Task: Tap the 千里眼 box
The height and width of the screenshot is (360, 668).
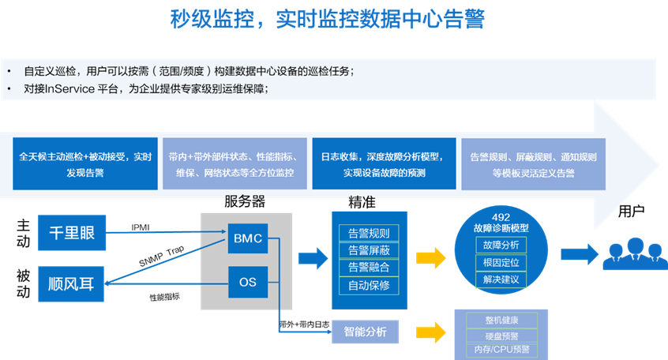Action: click(x=71, y=232)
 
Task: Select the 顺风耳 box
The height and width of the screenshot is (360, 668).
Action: click(x=71, y=283)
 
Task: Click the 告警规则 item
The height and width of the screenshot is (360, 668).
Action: click(x=369, y=234)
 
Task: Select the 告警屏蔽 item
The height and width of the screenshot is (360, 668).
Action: click(x=369, y=250)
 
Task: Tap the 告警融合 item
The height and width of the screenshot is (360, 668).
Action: click(x=369, y=268)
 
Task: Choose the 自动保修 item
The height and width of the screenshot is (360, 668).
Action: click(x=369, y=285)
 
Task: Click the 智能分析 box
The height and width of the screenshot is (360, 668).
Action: click(x=366, y=332)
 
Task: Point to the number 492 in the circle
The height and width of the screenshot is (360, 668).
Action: click(x=501, y=217)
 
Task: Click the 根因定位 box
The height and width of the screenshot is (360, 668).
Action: click(x=501, y=263)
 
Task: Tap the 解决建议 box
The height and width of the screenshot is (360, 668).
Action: click(x=501, y=280)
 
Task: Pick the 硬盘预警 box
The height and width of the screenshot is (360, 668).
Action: click(x=501, y=336)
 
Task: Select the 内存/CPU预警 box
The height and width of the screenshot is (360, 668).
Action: click(x=501, y=351)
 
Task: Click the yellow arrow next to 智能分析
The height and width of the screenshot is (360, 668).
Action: click(x=433, y=332)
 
